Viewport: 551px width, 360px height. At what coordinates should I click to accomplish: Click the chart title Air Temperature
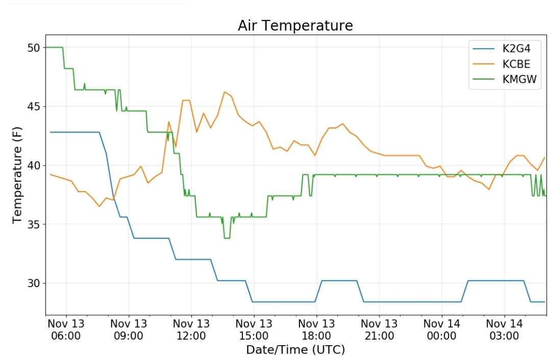click(295, 25)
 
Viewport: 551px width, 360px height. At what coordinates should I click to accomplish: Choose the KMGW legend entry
click(505, 79)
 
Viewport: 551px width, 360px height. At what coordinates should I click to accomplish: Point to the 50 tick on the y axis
click(34, 48)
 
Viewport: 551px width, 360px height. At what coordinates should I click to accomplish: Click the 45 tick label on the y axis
click(34, 107)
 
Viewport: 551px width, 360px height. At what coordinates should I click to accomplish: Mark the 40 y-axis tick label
click(34, 165)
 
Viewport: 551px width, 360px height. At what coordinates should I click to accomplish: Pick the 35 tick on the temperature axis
click(34, 224)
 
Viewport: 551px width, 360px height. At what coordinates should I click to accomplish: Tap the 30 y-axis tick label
click(34, 283)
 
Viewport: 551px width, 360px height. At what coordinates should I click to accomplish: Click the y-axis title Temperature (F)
click(17, 175)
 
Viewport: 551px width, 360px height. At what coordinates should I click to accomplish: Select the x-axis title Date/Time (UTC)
click(295, 350)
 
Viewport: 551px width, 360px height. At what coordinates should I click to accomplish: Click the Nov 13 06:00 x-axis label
click(66, 329)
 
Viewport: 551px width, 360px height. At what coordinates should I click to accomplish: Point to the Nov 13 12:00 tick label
click(191, 329)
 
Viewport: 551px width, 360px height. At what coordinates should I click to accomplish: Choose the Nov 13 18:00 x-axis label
click(317, 329)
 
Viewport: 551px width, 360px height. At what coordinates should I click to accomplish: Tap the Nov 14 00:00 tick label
click(442, 329)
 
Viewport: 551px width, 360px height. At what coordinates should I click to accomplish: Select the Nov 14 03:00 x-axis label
click(504, 329)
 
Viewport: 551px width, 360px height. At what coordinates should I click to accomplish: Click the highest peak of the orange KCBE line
click(224, 92)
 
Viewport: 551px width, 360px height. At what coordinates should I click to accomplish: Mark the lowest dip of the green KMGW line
click(227, 238)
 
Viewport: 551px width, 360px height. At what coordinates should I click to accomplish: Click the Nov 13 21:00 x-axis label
click(379, 329)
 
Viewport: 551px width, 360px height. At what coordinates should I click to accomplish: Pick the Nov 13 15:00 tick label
click(254, 329)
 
